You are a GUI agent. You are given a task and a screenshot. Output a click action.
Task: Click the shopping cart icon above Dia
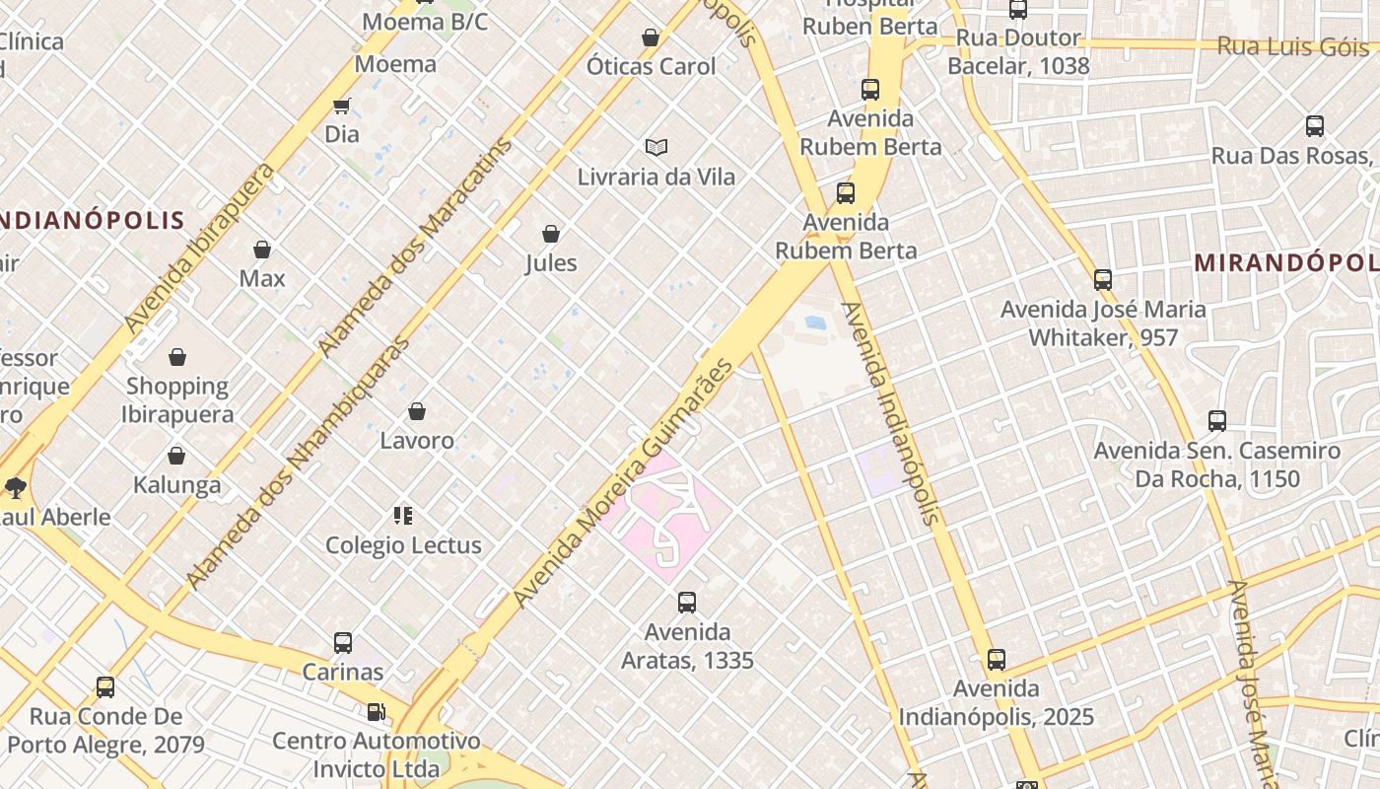(341, 106)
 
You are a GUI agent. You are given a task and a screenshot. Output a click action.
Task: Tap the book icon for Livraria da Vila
(656, 148)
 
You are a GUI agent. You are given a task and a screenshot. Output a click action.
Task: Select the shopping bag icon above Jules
(551, 234)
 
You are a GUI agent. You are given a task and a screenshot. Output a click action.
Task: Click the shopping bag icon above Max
(262, 250)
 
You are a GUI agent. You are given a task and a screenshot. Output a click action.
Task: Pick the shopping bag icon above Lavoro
(417, 411)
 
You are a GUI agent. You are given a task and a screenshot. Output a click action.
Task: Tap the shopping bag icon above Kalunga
(176, 456)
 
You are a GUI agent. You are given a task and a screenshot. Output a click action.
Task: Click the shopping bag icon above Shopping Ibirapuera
(177, 357)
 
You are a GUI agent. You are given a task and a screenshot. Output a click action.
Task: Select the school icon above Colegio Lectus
(403, 515)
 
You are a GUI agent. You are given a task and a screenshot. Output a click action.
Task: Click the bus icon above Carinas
(343, 643)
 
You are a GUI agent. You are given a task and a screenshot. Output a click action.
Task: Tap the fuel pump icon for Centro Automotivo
(376, 711)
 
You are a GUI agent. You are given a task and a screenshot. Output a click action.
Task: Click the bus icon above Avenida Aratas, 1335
(687, 603)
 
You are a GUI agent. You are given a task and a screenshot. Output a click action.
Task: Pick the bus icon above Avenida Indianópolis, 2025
(997, 660)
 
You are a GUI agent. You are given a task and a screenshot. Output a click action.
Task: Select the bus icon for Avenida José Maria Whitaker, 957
(1103, 280)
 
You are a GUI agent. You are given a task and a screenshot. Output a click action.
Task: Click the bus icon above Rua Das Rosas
(1315, 126)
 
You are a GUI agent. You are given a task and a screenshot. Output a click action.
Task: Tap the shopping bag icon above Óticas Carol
(651, 37)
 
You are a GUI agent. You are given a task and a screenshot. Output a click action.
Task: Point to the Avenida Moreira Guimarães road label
(624, 483)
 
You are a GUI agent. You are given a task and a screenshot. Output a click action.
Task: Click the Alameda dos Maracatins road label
(416, 246)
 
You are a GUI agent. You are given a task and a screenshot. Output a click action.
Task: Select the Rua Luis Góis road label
(1292, 46)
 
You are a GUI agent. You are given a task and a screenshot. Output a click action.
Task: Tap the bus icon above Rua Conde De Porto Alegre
(105, 687)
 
